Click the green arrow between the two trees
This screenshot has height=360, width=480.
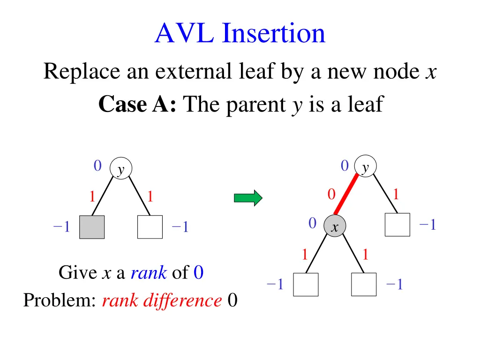(x=248, y=198)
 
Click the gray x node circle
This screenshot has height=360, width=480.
(x=335, y=227)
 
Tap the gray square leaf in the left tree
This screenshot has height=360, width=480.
(x=92, y=227)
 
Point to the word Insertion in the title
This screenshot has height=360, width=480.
(x=274, y=34)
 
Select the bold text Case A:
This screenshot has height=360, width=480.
(x=137, y=104)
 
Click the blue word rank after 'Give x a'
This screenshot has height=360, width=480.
(x=149, y=272)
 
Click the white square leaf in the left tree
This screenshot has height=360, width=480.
(x=150, y=227)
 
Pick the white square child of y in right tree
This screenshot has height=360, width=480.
(x=397, y=225)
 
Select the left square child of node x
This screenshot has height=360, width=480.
(x=306, y=285)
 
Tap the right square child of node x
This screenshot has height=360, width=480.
(x=364, y=285)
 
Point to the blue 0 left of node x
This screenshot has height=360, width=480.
(x=313, y=224)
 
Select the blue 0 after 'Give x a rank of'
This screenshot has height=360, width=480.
(x=198, y=272)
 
